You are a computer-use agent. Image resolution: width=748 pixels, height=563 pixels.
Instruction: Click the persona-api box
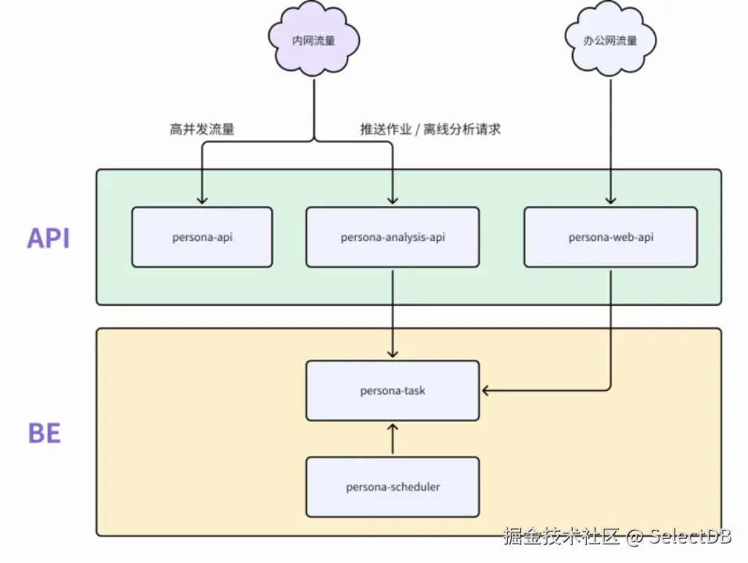click(202, 237)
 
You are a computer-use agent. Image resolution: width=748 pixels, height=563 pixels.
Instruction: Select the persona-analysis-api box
click(392, 237)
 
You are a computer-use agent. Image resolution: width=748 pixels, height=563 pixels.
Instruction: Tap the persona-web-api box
click(610, 237)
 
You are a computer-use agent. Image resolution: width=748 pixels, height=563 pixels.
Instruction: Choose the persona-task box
click(392, 390)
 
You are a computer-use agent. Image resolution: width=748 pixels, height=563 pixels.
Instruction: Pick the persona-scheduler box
click(392, 487)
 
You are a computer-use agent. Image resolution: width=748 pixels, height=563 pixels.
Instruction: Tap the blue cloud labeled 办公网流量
click(610, 41)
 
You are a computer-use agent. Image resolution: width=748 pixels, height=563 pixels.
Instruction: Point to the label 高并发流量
click(202, 130)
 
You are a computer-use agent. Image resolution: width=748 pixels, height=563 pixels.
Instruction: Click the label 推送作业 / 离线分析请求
click(430, 130)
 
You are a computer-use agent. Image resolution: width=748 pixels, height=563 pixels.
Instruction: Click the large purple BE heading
click(45, 433)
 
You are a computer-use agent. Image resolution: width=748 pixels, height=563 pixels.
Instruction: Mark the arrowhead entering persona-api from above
click(202, 200)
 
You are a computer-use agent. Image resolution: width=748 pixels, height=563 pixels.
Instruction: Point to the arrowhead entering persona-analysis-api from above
click(393, 200)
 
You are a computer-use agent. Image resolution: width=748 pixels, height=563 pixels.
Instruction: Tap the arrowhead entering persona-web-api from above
click(610, 200)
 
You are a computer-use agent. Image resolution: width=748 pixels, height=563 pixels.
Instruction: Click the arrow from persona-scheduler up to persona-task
click(393, 439)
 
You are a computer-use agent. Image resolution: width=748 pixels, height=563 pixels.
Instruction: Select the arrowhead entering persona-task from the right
click(487, 389)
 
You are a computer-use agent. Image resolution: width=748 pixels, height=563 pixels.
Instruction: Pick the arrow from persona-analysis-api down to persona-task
click(393, 313)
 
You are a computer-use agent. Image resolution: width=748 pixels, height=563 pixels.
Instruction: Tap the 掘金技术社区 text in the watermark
click(562, 537)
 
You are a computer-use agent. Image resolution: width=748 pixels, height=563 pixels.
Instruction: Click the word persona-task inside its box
click(392, 390)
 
